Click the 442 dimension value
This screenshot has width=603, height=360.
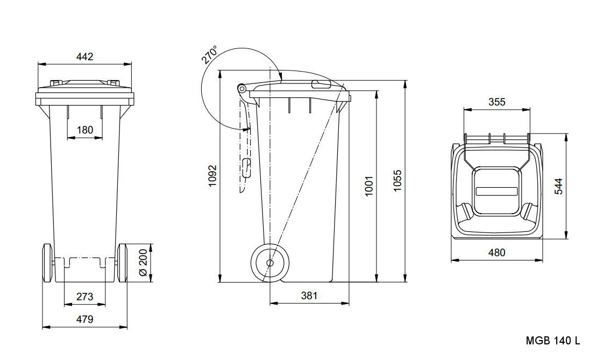tap(85, 57)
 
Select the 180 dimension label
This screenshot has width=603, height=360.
tap(85, 130)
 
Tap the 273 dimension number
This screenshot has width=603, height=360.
tap(85, 297)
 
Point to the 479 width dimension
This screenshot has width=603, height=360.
tap(85, 319)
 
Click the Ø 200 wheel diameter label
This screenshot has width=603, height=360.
tap(143, 262)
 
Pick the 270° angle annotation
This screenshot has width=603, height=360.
tap(210, 55)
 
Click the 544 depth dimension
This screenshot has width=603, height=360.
tap(559, 186)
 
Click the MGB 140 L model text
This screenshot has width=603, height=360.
tap(553, 341)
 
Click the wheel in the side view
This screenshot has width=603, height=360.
tap(269, 263)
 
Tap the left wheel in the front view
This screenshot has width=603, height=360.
tap(47, 263)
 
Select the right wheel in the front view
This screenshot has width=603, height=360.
tap(123, 263)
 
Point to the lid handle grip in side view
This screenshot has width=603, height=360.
tap(321, 84)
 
